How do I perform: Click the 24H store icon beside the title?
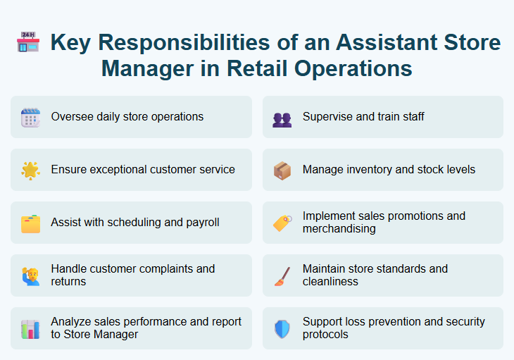(28, 42)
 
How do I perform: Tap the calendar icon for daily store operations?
(30, 117)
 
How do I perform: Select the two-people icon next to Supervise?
(282, 118)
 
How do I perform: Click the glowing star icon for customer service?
(30, 170)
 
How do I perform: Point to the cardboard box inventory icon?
(282, 170)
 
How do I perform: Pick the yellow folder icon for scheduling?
(30, 223)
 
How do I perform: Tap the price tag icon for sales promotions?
(282, 223)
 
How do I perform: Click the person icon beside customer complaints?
(30, 275)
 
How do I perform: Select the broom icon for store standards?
(282, 275)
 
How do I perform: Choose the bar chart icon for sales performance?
(30, 329)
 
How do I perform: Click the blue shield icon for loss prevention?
(282, 329)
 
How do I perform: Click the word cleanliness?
(330, 282)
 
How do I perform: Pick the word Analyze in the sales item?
(71, 322)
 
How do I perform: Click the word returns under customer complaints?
(69, 282)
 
